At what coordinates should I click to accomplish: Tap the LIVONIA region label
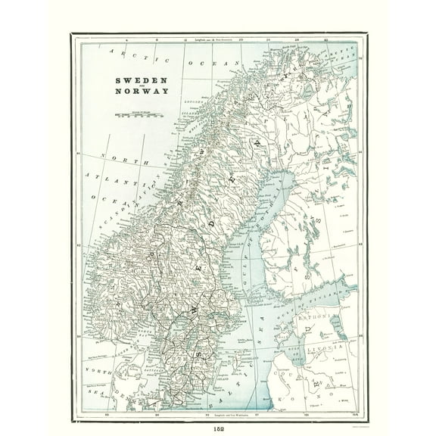[x=327, y=345]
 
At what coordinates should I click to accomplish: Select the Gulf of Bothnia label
[x=260, y=227]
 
